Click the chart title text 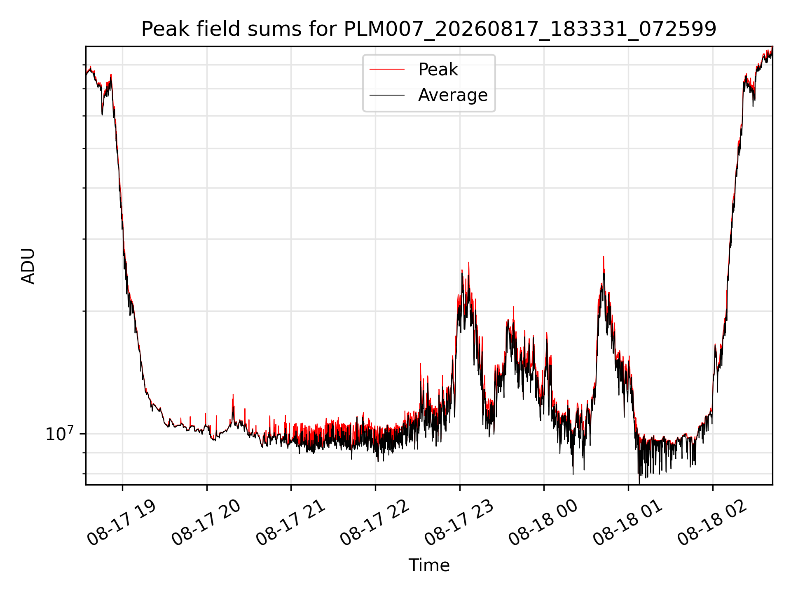[429, 29]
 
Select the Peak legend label [438, 70]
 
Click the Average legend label [453, 95]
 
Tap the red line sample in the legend [387, 70]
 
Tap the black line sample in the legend [387, 95]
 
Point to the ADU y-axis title [28, 266]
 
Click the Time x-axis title [429, 565]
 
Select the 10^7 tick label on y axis [59, 434]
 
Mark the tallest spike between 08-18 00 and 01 [604, 257]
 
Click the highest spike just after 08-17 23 [469, 263]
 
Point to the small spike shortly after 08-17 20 [233, 395]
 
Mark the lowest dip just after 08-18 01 [639, 483]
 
